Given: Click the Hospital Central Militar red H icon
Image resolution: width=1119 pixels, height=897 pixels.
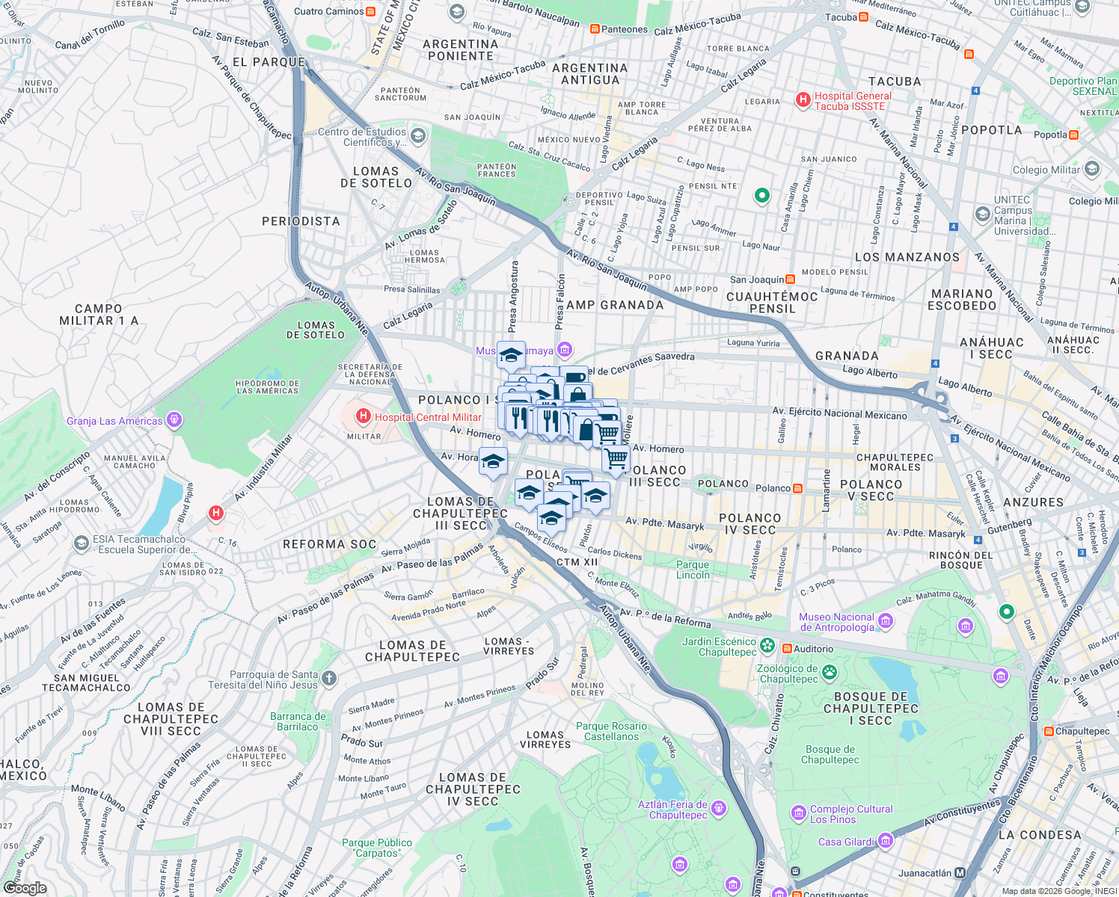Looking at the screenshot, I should [x=363, y=416].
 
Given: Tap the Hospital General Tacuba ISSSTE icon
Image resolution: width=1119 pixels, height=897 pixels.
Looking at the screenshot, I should [x=803, y=100].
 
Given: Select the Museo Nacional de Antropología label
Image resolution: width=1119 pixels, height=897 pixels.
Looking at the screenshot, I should [x=836, y=622].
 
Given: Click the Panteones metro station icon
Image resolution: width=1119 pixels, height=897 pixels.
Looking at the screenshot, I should [x=595, y=29].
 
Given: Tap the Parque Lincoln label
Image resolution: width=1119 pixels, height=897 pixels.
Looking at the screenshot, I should [x=693, y=570].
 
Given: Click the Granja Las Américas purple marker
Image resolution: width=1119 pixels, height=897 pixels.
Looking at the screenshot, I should [x=174, y=420].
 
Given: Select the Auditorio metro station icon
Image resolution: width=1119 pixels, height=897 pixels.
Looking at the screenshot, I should [x=787, y=648].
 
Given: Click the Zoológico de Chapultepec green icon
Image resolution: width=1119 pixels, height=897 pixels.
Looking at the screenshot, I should [x=829, y=673].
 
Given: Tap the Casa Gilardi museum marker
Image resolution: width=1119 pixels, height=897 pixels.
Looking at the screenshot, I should [x=886, y=841].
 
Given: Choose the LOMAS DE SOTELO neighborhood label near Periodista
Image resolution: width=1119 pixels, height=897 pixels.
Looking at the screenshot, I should [x=376, y=177].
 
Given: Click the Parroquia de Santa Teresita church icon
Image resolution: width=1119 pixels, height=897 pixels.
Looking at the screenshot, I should [x=328, y=679].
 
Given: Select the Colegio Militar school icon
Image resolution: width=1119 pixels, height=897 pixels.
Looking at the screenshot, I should [x=1091, y=169].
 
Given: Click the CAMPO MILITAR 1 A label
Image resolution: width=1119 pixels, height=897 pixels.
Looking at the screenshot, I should [x=98, y=315].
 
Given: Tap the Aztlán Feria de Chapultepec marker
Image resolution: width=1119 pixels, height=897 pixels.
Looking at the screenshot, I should [x=719, y=808].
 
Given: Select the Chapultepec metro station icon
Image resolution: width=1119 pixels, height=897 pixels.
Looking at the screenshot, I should [x=1049, y=731].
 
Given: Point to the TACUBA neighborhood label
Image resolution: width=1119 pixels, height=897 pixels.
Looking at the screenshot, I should [x=895, y=81].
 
